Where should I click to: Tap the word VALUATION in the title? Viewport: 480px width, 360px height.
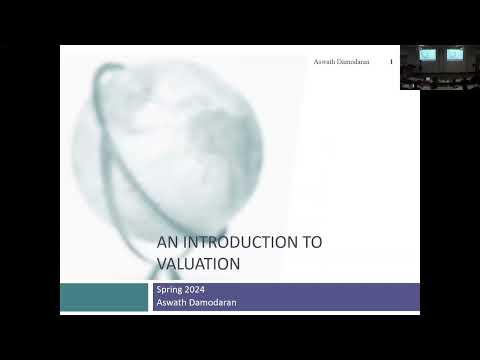[199, 264]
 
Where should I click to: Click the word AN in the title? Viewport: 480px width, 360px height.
[166, 243]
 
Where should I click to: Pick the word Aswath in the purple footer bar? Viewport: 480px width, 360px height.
[171, 301]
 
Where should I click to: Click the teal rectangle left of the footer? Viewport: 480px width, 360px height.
[104, 297]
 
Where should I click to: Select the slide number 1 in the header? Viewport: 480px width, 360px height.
[391, 61]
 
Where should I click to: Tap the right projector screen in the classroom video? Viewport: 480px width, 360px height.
[455, 54]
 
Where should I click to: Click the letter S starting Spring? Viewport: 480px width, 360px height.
[158, 289]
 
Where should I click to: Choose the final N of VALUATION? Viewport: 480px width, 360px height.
[237, 264]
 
